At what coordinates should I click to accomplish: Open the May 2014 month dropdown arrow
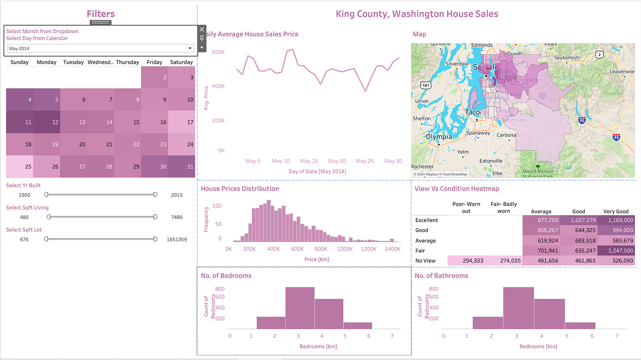pyautogui.click(x=190, y=48)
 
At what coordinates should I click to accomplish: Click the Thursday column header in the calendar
pyautogui.click(x=127, y=62)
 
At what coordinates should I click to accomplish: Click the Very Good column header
pyautogui.click(x=616, y=211)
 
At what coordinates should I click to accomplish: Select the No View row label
pyautogui.click(x=425, y=260)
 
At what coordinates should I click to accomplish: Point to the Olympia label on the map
pyautogui.click(x=439, y=137)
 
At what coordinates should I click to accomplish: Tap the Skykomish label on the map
pyautogui.click(x=566, y=58)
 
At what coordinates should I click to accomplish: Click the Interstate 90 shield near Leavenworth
pyautogui.click(x=582, y=120)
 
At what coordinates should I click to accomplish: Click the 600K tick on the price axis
pyautogui.click(x=218, y=52)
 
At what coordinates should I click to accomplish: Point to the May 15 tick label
pyautogui.click(x=309, y=161)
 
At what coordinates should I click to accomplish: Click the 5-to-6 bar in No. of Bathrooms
pyautogui.click(x=580, y=326)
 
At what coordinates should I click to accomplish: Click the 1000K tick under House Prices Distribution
pyautogui.click(x=345, y=249)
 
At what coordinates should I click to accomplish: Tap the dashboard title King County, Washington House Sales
pyautogui.click(x=417, y=14)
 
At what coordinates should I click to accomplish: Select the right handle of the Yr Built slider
pyautogui.click(x=155, y=194)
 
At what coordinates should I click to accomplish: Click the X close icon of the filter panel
pyautogui.click(x=202, y=29)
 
